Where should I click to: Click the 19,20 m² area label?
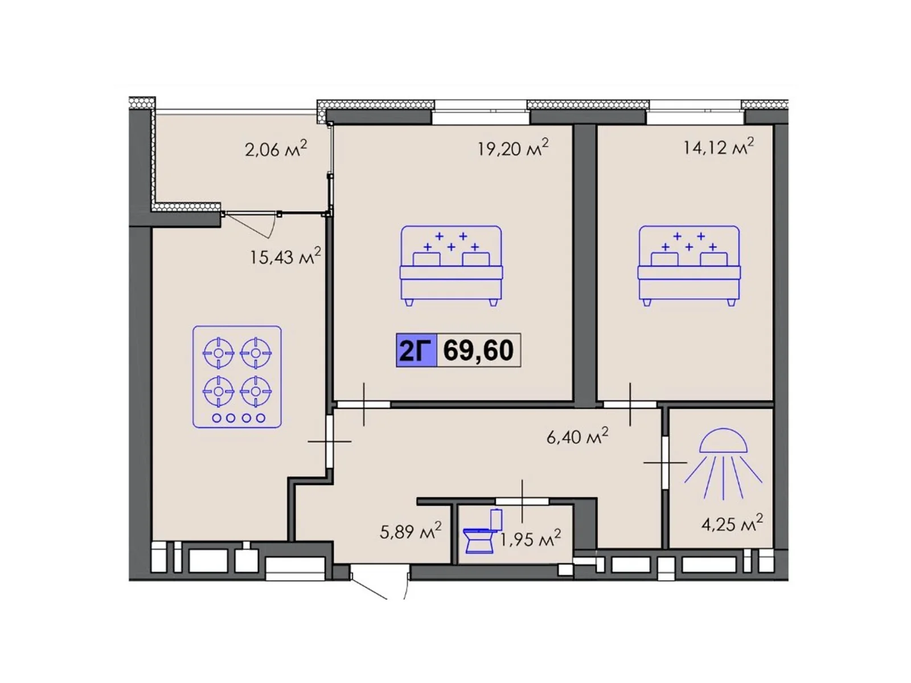point(512,147)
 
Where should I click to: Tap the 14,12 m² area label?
point(718,146)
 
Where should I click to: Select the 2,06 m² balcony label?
point(276,149)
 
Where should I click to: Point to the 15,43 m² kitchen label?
point(285,256)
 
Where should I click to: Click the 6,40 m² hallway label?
point(577,436)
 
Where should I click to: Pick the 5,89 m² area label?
point(411,531)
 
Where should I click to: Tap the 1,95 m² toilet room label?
point(530,538)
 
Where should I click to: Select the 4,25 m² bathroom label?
point(732,523)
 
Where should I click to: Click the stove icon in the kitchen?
point(237,377)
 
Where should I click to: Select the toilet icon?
point(482,531)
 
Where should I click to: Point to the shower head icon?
point(723,463)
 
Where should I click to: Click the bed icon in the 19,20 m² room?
point(451,266)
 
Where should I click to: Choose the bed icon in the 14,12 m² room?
point(689,266)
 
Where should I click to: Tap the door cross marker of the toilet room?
point(522,501)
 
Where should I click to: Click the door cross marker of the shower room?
point(665,462)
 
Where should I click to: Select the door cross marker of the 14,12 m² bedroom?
point(630,404)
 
